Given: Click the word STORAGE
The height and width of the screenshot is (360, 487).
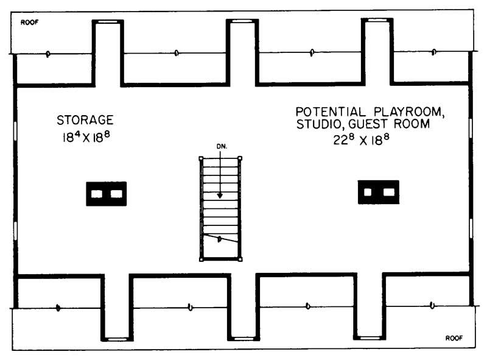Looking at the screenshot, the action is click(85, 120).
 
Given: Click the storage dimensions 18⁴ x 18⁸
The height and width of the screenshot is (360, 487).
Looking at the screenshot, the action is click(86, 137).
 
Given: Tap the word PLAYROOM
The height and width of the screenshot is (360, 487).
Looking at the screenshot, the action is click(409, 111).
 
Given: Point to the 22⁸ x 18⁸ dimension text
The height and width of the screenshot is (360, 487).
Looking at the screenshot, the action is click(361, 140).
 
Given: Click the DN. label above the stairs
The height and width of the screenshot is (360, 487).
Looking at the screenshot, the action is click(222, 146).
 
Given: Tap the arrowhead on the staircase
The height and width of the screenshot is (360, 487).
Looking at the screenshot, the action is click(220, 196).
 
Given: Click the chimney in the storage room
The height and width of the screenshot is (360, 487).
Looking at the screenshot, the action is click(106, 194).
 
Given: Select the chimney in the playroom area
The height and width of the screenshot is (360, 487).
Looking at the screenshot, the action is click(379, 192).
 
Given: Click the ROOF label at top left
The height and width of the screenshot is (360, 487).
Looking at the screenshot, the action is click(29, 23).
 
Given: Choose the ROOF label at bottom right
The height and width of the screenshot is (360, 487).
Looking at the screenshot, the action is click(454, 338).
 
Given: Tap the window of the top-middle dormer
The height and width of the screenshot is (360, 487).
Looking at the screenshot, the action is click(242, 21).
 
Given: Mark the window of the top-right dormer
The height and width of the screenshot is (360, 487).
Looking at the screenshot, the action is click(377, 20).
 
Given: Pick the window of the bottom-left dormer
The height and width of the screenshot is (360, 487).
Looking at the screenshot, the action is click(117, 339).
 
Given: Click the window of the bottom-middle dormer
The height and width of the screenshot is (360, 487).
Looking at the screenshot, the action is click(243, 339).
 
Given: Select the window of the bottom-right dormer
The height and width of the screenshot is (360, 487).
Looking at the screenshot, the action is click(370, 337).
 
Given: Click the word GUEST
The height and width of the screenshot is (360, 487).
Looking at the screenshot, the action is click(368, 124).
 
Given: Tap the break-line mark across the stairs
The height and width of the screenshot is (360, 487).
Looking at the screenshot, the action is click(220, 239).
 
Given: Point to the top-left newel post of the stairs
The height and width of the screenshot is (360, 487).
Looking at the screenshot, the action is click(201, 158).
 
